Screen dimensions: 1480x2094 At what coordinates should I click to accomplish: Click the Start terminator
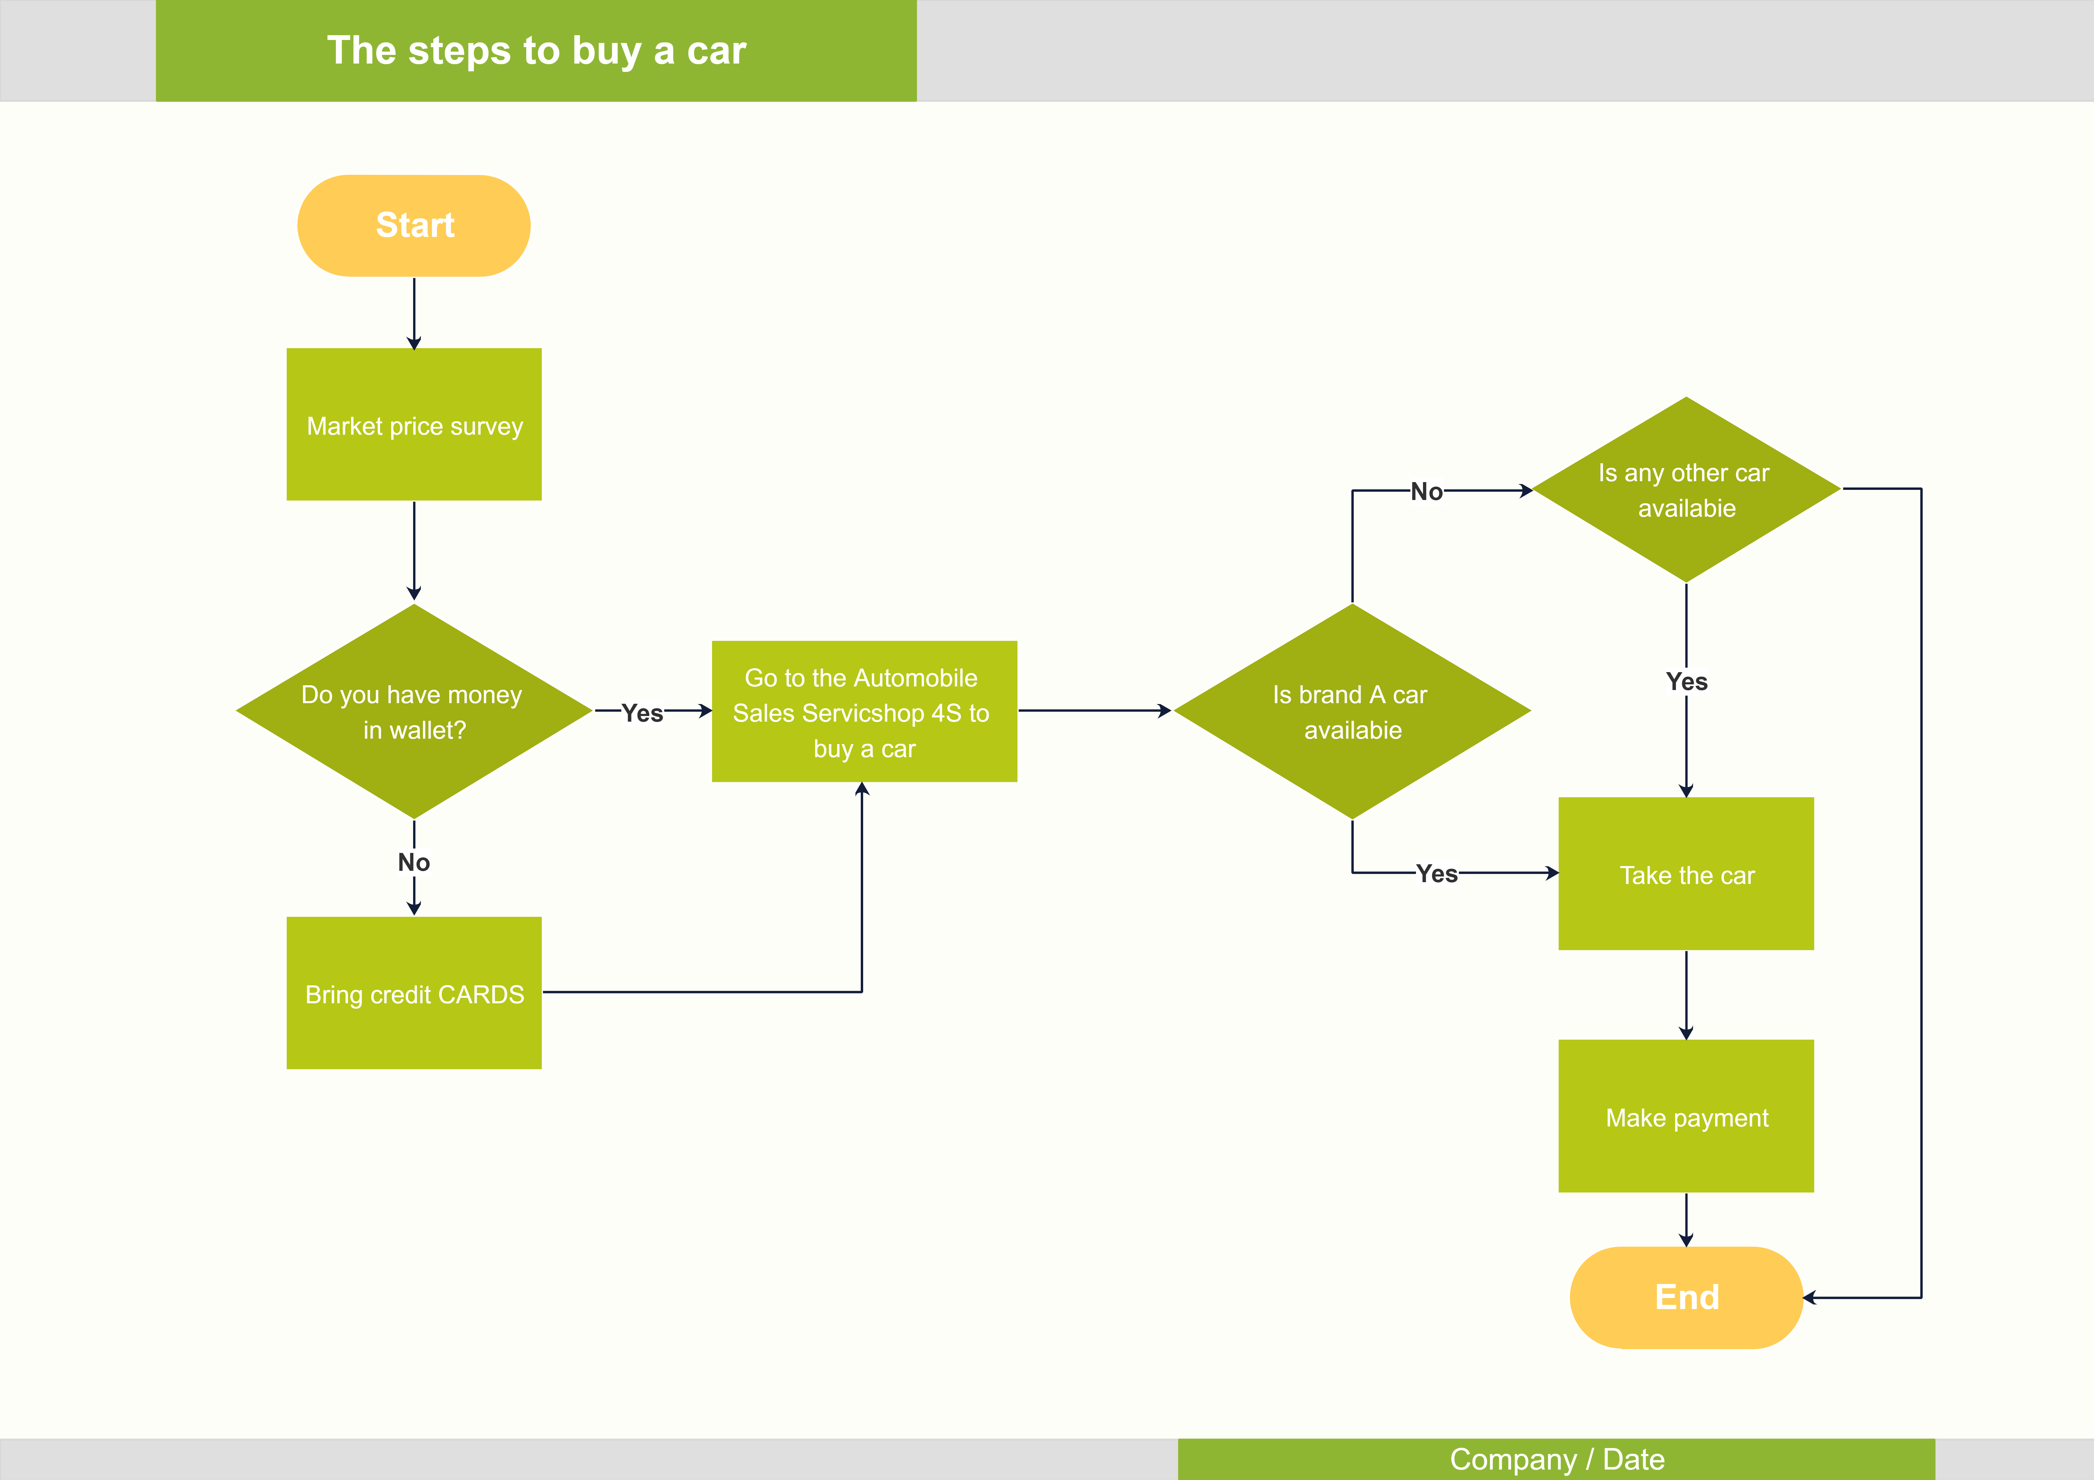[414, 225]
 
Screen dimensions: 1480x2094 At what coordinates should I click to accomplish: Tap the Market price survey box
[414, 425]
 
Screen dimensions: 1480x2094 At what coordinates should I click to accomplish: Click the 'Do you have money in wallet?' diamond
[414, 711]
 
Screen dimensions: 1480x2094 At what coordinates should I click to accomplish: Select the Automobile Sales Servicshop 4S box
[864, 712]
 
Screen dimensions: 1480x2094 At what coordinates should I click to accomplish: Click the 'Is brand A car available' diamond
[1352, 711]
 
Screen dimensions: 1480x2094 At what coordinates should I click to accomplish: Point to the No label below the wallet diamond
[414, 862]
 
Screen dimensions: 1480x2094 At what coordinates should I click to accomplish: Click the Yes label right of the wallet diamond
[642, 713]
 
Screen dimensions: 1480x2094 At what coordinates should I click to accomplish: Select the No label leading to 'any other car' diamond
[1426, 492]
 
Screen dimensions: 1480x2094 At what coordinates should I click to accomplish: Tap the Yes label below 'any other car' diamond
[1686, 681]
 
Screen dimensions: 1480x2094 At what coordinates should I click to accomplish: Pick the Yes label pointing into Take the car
[1436, 874]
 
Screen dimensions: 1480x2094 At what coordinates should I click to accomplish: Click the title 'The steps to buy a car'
[536, 50]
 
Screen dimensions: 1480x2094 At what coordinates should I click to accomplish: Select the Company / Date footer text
[1557, 1459]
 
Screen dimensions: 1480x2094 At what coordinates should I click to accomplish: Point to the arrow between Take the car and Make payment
[1686, 994]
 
